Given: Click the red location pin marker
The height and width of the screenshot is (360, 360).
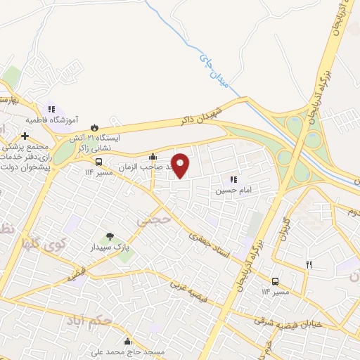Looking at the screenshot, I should coord(181,165).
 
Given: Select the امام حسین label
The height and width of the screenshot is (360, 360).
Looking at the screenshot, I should coord(230,190).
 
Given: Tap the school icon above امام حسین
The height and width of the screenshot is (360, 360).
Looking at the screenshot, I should coord(232,179).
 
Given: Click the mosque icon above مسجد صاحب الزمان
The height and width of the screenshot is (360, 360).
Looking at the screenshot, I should coord(153,156).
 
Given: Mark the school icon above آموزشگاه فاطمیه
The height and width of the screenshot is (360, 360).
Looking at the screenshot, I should coord(51,110).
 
